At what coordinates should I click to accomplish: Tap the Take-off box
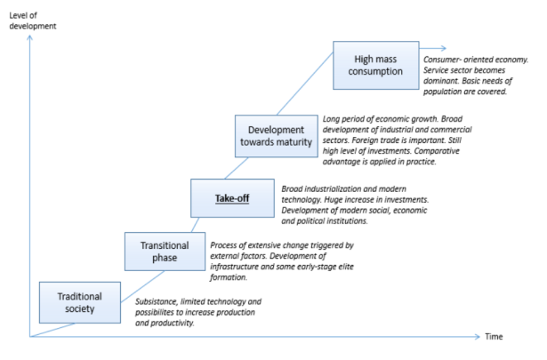[231, 197]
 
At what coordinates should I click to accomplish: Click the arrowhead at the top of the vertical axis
[31, 38]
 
